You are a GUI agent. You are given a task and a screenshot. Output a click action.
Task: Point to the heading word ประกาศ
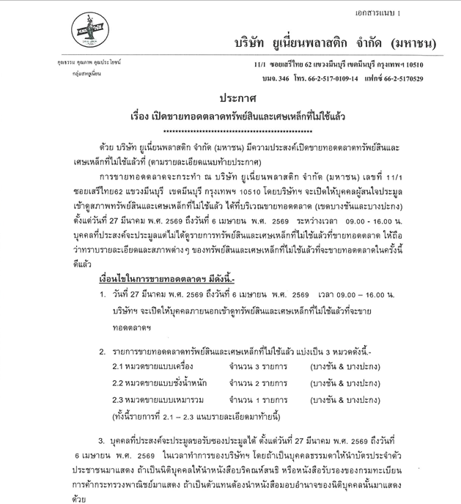coord(232,98)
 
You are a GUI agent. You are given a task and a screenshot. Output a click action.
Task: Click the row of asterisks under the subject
coord(231,130)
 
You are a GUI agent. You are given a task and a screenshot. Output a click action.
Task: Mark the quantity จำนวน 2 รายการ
coord(259,382)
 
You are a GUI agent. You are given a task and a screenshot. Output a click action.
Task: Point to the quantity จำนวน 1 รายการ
coord(259,400)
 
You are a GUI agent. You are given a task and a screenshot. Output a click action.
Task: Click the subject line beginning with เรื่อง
coord(231,116)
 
